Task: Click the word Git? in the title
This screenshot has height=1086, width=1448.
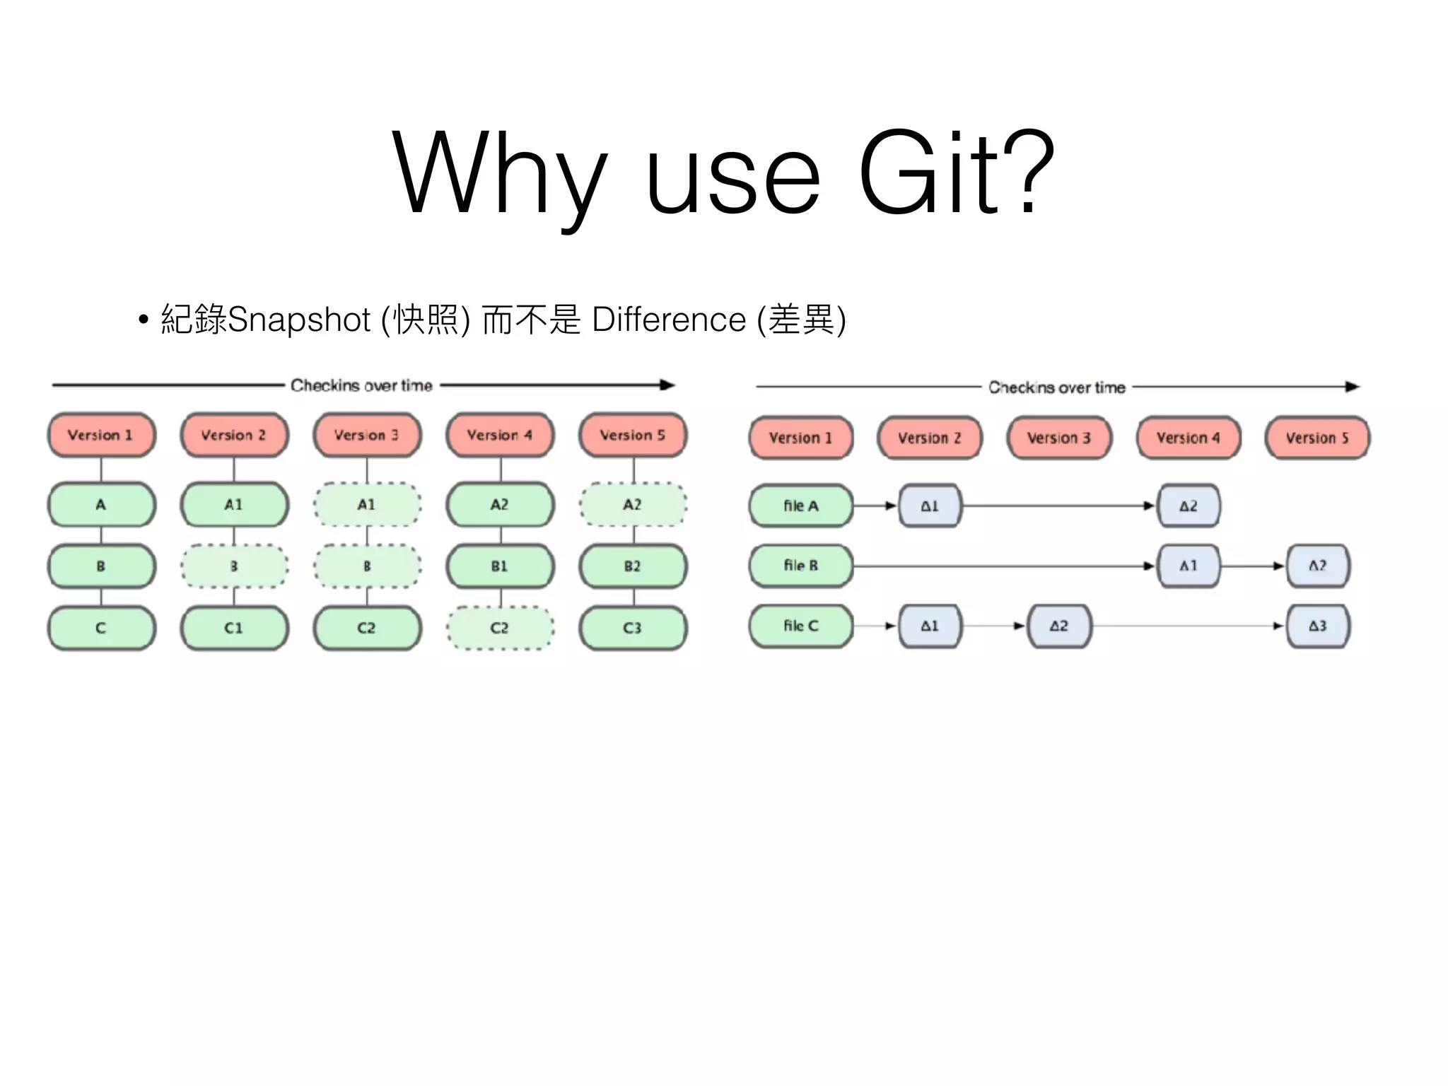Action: (956, 173)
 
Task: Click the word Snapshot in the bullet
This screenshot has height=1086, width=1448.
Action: (299, 320)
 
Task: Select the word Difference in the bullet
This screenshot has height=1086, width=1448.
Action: (668, 320)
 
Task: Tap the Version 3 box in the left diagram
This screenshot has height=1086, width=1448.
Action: (367, 435)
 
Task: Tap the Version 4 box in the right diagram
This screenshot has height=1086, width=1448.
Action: (1188, 438)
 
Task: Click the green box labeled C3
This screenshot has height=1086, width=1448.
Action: (633, 628)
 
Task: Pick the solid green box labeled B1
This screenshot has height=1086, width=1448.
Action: (500, 566)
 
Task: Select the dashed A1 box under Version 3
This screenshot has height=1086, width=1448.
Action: (367, 505)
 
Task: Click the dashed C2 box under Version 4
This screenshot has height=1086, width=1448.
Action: (500, 628)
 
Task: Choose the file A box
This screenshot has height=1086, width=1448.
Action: (801, 506)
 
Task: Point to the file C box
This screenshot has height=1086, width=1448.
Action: (801, 626)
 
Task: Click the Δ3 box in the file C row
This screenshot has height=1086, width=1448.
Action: (1317, 626)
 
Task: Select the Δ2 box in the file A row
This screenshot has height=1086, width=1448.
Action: (1188, 506)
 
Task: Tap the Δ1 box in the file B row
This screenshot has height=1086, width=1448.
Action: (1188, 566)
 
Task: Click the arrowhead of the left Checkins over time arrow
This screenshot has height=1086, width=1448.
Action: (667, 385)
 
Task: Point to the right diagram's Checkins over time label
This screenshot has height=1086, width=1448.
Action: (1056, 387)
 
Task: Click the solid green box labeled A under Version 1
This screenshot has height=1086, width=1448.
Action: (101, 505)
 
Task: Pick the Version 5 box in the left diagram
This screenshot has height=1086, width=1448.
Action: (633, 435)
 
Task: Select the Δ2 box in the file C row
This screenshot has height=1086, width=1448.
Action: (1058, 626)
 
